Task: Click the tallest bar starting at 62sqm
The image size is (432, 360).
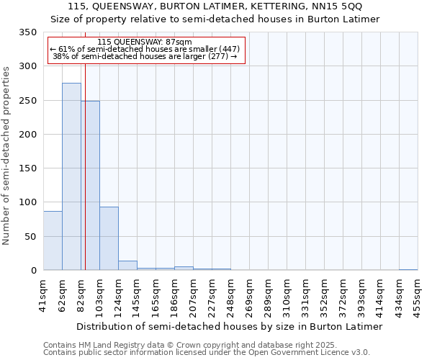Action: [x=71, y=176]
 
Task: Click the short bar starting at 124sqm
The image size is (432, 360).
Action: [x=127, y=266]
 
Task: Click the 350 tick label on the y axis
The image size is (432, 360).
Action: [x=28, y=32]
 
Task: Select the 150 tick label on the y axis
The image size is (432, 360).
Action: [x=28, y=168]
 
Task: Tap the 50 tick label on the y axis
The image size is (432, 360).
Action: [x=30, y=236]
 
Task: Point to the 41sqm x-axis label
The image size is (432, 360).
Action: [x=43, y=295]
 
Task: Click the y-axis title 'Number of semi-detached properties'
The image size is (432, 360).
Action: [x=7, y=156]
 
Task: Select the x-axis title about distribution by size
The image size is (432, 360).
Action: [x=229, y=327]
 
